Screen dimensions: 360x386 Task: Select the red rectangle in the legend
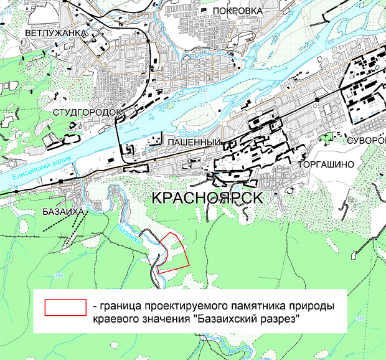pyautogui.click(x=65, y=307)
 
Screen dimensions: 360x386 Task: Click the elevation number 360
pyautogui.click(x=59, y=275)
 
